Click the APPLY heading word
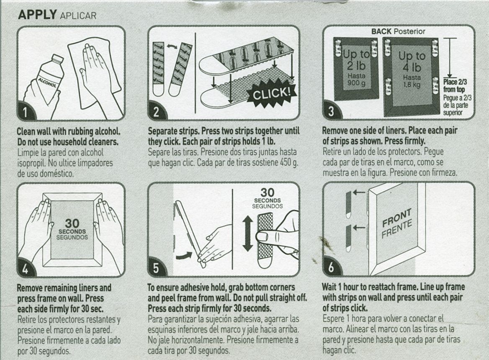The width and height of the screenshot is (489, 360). pos(37,15)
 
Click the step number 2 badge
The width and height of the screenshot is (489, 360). pos(156,112)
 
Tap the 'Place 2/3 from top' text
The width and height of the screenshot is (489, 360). pos(454,86)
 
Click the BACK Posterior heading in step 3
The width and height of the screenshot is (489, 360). pos(398,31)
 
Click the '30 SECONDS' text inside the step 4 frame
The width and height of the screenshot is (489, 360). pos(72,228)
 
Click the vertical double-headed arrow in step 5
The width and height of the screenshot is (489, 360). pos(247,234)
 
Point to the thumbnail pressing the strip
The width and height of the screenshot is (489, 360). pos(263,237)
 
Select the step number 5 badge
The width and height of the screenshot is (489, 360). pos(156,269)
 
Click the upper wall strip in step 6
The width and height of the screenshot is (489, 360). pos(348,205)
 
